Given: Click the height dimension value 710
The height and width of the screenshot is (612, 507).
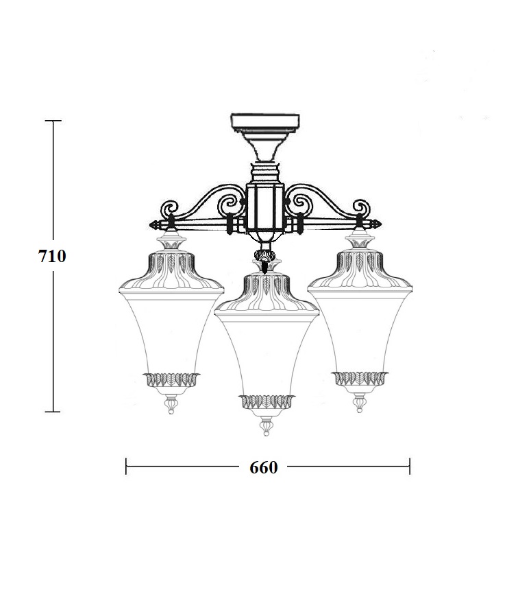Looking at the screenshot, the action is click(52, 257).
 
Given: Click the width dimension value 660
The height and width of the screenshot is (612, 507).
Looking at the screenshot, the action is click(264, 467).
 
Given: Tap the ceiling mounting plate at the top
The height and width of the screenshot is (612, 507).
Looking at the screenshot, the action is click(265, 121).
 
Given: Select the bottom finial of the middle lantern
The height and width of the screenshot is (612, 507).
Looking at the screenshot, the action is click(266, 426).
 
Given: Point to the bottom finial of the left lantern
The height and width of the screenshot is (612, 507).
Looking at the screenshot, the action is click(171, 404).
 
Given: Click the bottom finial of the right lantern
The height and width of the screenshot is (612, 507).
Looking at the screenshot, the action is click(359, 403).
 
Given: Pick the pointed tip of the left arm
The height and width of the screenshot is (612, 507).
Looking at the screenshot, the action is click(151, 225).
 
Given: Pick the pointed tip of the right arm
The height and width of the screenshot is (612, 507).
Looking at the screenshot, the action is click(381, 224).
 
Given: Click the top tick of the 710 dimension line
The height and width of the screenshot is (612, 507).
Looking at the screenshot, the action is click(53, 121).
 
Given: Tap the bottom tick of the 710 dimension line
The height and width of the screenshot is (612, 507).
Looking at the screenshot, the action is click(53, 412).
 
